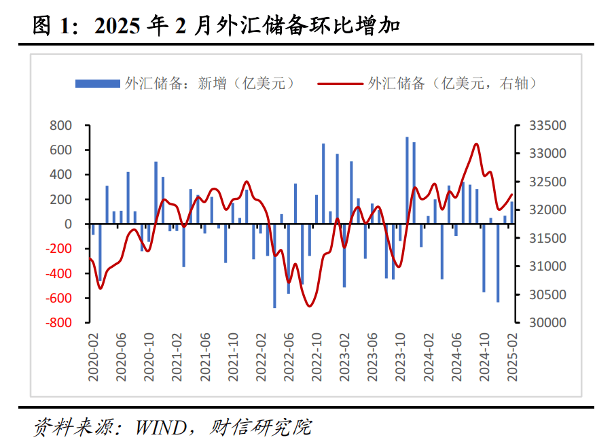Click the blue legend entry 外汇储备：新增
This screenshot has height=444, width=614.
(185, 84)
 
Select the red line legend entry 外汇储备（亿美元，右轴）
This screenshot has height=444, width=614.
(429, 84)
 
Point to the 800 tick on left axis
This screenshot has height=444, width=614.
(60, 126)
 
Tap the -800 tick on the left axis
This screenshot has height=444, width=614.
(58, 323)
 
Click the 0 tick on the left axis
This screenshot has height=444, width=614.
(67, 224)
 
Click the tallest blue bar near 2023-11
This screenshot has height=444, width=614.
(407, 180)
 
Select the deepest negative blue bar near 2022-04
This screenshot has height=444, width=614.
(274, 265)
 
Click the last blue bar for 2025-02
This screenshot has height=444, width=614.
(511, 212)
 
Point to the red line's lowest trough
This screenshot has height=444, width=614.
(310, 306)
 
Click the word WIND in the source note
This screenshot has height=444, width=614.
(161, 428)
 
